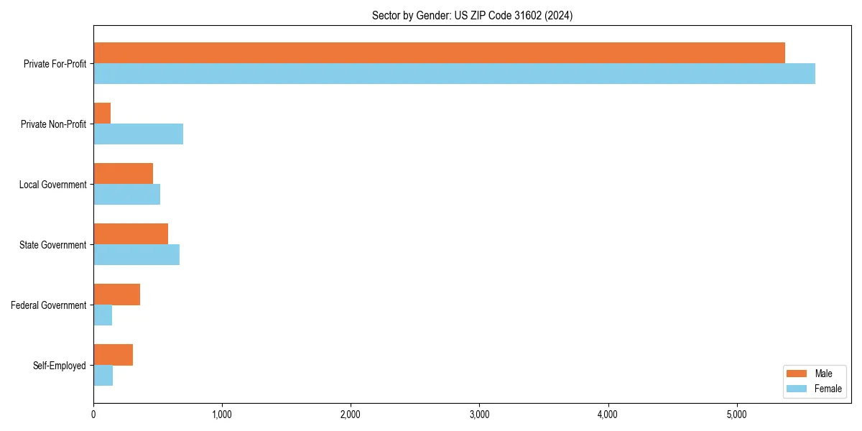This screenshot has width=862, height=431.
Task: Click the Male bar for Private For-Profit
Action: (x=439, y=53)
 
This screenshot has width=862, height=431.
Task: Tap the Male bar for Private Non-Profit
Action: (x=102, y=113)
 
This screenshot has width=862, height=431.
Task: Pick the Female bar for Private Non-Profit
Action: (x=138, y=134)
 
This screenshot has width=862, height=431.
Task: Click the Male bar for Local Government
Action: (x=123, y=174)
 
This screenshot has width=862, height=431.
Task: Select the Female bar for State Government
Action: (x=136, y=255)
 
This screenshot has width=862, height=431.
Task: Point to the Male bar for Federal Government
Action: (x=116, y=295)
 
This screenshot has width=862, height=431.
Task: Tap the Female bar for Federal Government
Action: (x=103, y=315)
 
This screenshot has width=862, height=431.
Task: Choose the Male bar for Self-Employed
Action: (x=113, y=355)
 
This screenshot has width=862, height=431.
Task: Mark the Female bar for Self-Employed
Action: (x=103, y=376)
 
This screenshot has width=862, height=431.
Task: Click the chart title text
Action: (x=472, y=15)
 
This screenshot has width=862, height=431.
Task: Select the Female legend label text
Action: (x=828, y=389)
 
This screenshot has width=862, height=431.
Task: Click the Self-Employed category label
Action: (x=60, y=366)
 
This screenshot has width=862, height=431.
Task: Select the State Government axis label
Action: (x=53, y=245)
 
